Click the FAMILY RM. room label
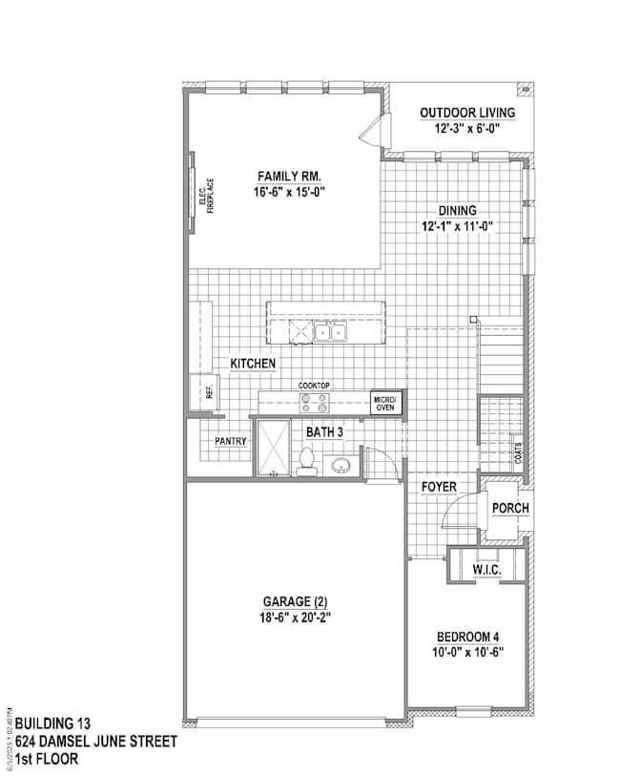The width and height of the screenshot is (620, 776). coord(289,177)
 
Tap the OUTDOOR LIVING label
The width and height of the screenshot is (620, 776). coord(467,113)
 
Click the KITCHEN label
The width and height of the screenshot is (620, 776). coord(253,364)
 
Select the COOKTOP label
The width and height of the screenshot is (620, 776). coord(314,385)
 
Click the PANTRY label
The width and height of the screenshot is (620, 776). coord(230,441)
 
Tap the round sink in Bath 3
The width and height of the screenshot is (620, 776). coord(341,466)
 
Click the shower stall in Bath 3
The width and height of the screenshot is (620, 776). coord(274,447)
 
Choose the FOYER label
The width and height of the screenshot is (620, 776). coord(439,488)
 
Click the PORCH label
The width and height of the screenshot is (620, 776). coord(509,509)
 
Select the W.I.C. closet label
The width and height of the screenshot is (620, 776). coord(487,570)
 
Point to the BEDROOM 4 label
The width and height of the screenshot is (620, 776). coord(467,637)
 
